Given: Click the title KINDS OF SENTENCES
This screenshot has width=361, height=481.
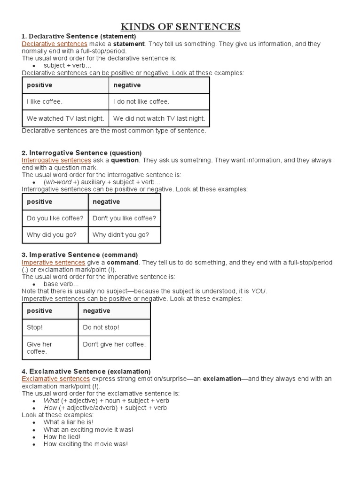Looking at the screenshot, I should click(x=180, y=26).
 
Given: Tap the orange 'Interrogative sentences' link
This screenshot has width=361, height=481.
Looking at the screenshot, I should click(x=56, y=160).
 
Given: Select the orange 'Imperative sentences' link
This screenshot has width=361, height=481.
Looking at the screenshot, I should click(x=54, y=262).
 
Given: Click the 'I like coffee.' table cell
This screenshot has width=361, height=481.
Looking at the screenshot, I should click(x=45, y=101).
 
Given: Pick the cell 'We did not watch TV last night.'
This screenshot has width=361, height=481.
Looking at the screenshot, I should click(x=159, y=118).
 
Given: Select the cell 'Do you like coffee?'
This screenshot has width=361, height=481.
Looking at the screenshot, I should click(x=55, y=218).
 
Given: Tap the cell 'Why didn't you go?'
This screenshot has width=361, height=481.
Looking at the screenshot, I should click(x=121, y=235).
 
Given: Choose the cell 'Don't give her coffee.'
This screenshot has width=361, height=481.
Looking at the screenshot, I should click(x=114, y=344).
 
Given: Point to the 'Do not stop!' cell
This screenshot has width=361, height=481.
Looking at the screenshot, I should click(x=101, y=327).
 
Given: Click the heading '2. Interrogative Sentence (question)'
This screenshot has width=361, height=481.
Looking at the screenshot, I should click(x=82, y=153).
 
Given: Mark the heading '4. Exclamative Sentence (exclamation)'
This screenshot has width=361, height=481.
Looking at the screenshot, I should click(x=86, y=371).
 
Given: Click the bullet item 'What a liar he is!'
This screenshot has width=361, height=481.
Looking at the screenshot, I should click(x=68, y=422).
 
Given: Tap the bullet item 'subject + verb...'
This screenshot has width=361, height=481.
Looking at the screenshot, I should click(x=67, y=66).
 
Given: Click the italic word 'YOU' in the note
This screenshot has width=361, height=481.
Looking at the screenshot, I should click(x=259, y=291).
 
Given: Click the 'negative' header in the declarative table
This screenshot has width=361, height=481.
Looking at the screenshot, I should click(x=127, y=85).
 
